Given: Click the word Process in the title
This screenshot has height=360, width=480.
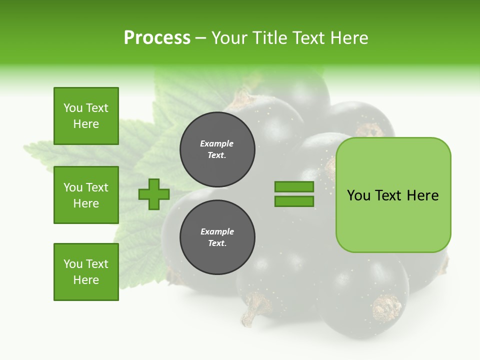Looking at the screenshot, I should pos(157,38).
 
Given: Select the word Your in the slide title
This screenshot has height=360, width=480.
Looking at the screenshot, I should pos(230,38).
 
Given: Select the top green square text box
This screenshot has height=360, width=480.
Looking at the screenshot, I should pos(86,116).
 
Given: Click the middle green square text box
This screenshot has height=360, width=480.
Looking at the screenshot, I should pos(86,195).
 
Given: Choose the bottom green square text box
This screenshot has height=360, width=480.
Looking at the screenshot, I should pos(86,272).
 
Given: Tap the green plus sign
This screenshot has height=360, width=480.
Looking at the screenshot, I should pos(154,194).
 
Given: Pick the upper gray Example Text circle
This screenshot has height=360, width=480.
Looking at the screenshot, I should pos(217,149).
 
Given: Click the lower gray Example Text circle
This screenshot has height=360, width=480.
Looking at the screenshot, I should pos(217,237).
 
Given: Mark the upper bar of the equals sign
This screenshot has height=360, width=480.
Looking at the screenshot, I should pos(294,187).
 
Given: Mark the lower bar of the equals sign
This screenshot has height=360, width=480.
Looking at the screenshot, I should pos(294,201).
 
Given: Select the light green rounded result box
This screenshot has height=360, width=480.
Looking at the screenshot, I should pos(393,195).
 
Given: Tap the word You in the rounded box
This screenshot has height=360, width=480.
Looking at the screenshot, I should pos(359,195).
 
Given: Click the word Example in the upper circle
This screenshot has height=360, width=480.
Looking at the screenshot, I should pos(217,143).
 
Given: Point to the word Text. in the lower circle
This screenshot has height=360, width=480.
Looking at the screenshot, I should pos(217,243).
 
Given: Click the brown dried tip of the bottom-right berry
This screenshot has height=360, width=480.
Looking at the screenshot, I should pos(387,307).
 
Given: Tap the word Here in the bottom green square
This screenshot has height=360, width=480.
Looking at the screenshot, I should pos(86,280).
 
